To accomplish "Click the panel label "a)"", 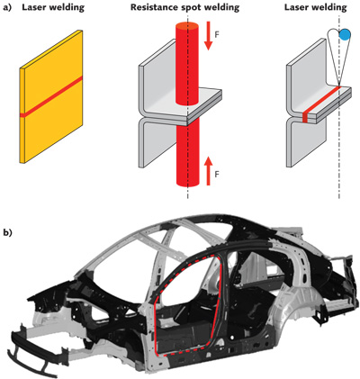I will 9,10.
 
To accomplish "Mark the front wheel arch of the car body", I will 85,311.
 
